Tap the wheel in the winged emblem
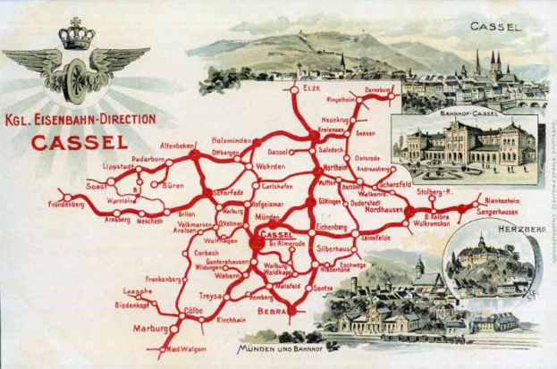click(x=73, y=75)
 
